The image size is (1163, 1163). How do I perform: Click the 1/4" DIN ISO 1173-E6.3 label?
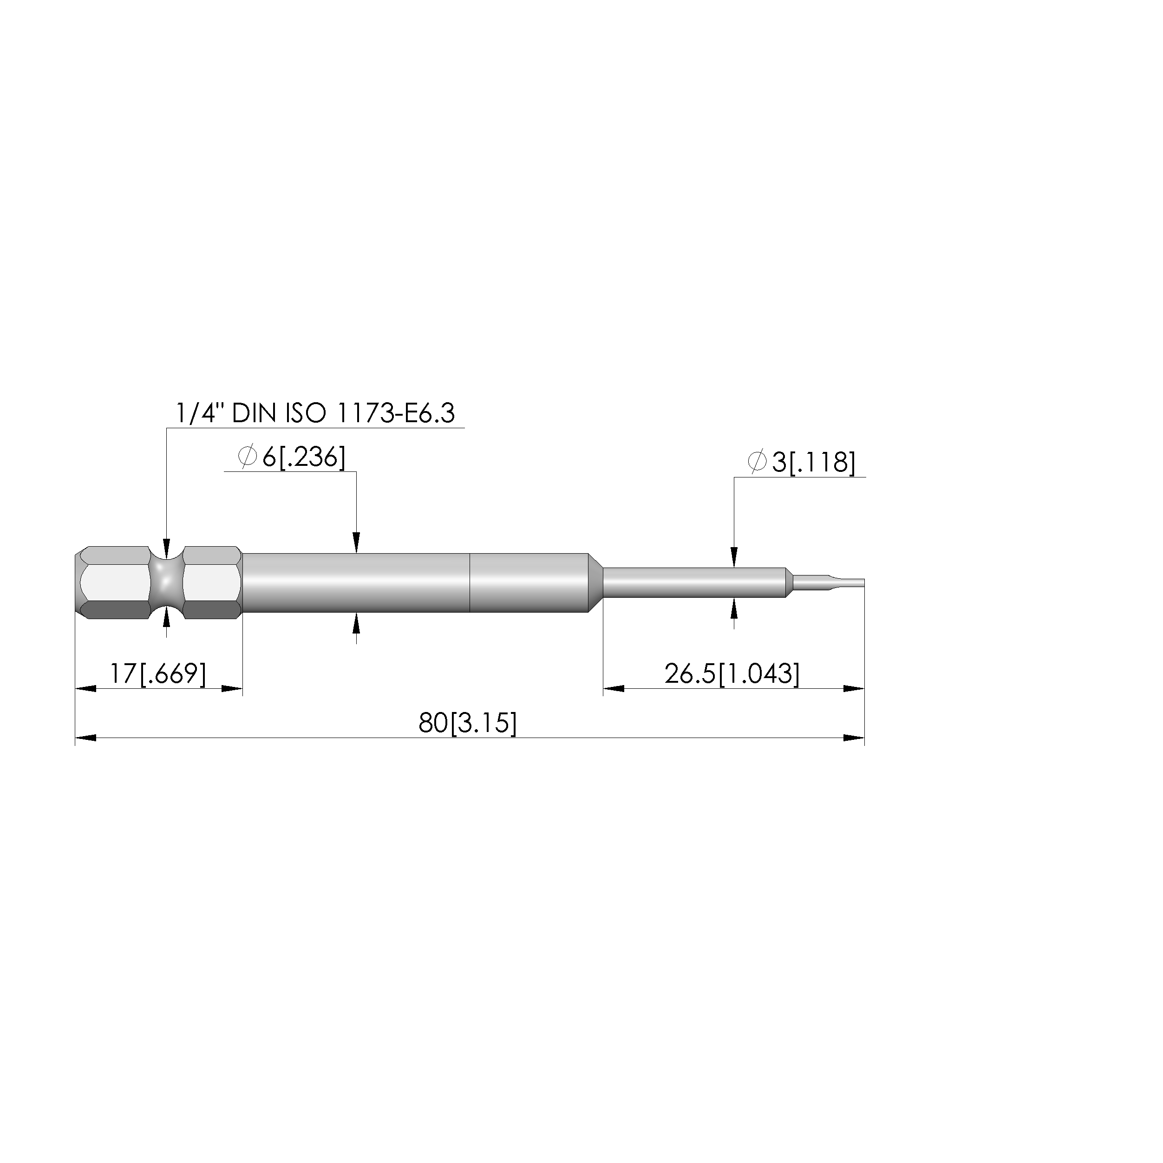pos(315,413)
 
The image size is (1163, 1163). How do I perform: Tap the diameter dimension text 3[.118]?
pos(813,462)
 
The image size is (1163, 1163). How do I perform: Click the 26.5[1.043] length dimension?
pos(732,673)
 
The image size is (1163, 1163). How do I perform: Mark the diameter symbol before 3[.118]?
pos(757,462)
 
